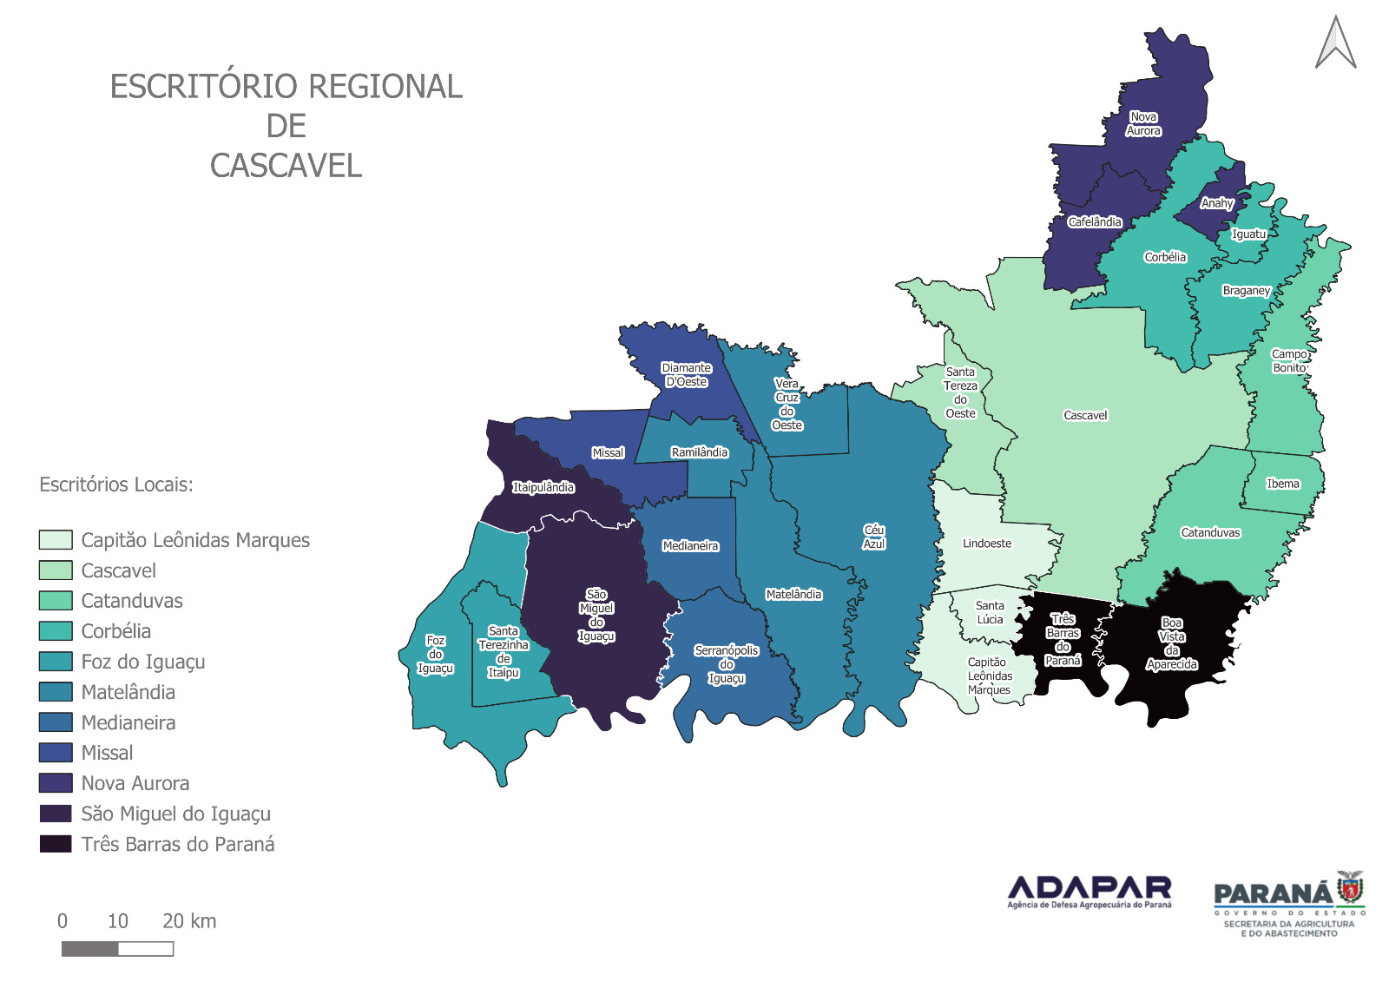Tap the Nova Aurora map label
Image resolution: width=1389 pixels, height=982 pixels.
[1143, 124]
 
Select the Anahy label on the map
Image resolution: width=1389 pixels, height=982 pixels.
[1217, 203]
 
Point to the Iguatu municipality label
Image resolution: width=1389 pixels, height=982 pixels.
[1249, 234]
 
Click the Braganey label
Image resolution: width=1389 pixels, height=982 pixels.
[1247, 291]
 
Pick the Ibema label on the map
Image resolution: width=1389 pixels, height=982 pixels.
[1283, 484]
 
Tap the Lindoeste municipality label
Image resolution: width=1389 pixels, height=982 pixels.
[987, 544]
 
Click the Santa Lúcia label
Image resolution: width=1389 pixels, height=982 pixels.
[990, 613]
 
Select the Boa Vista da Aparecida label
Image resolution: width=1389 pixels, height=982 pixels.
[1172, 643]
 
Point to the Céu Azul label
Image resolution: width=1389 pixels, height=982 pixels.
[874, 537]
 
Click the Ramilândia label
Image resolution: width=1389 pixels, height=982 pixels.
[700, 452]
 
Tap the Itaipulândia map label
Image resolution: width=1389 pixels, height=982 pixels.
[543, 488]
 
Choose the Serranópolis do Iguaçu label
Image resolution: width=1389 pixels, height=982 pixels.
[727, 664]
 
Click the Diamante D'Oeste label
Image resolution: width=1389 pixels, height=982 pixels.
[687, 375]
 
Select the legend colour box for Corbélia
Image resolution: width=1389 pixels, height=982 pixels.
[56, 631]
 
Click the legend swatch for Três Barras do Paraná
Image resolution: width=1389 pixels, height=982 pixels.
[56, 844]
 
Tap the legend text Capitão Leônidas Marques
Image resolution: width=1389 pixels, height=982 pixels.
[195, 540]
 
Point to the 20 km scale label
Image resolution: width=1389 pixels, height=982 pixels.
[189, 921]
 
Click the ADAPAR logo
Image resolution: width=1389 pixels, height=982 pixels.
[1089, 892]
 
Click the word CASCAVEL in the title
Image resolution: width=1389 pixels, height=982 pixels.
[286, 166]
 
